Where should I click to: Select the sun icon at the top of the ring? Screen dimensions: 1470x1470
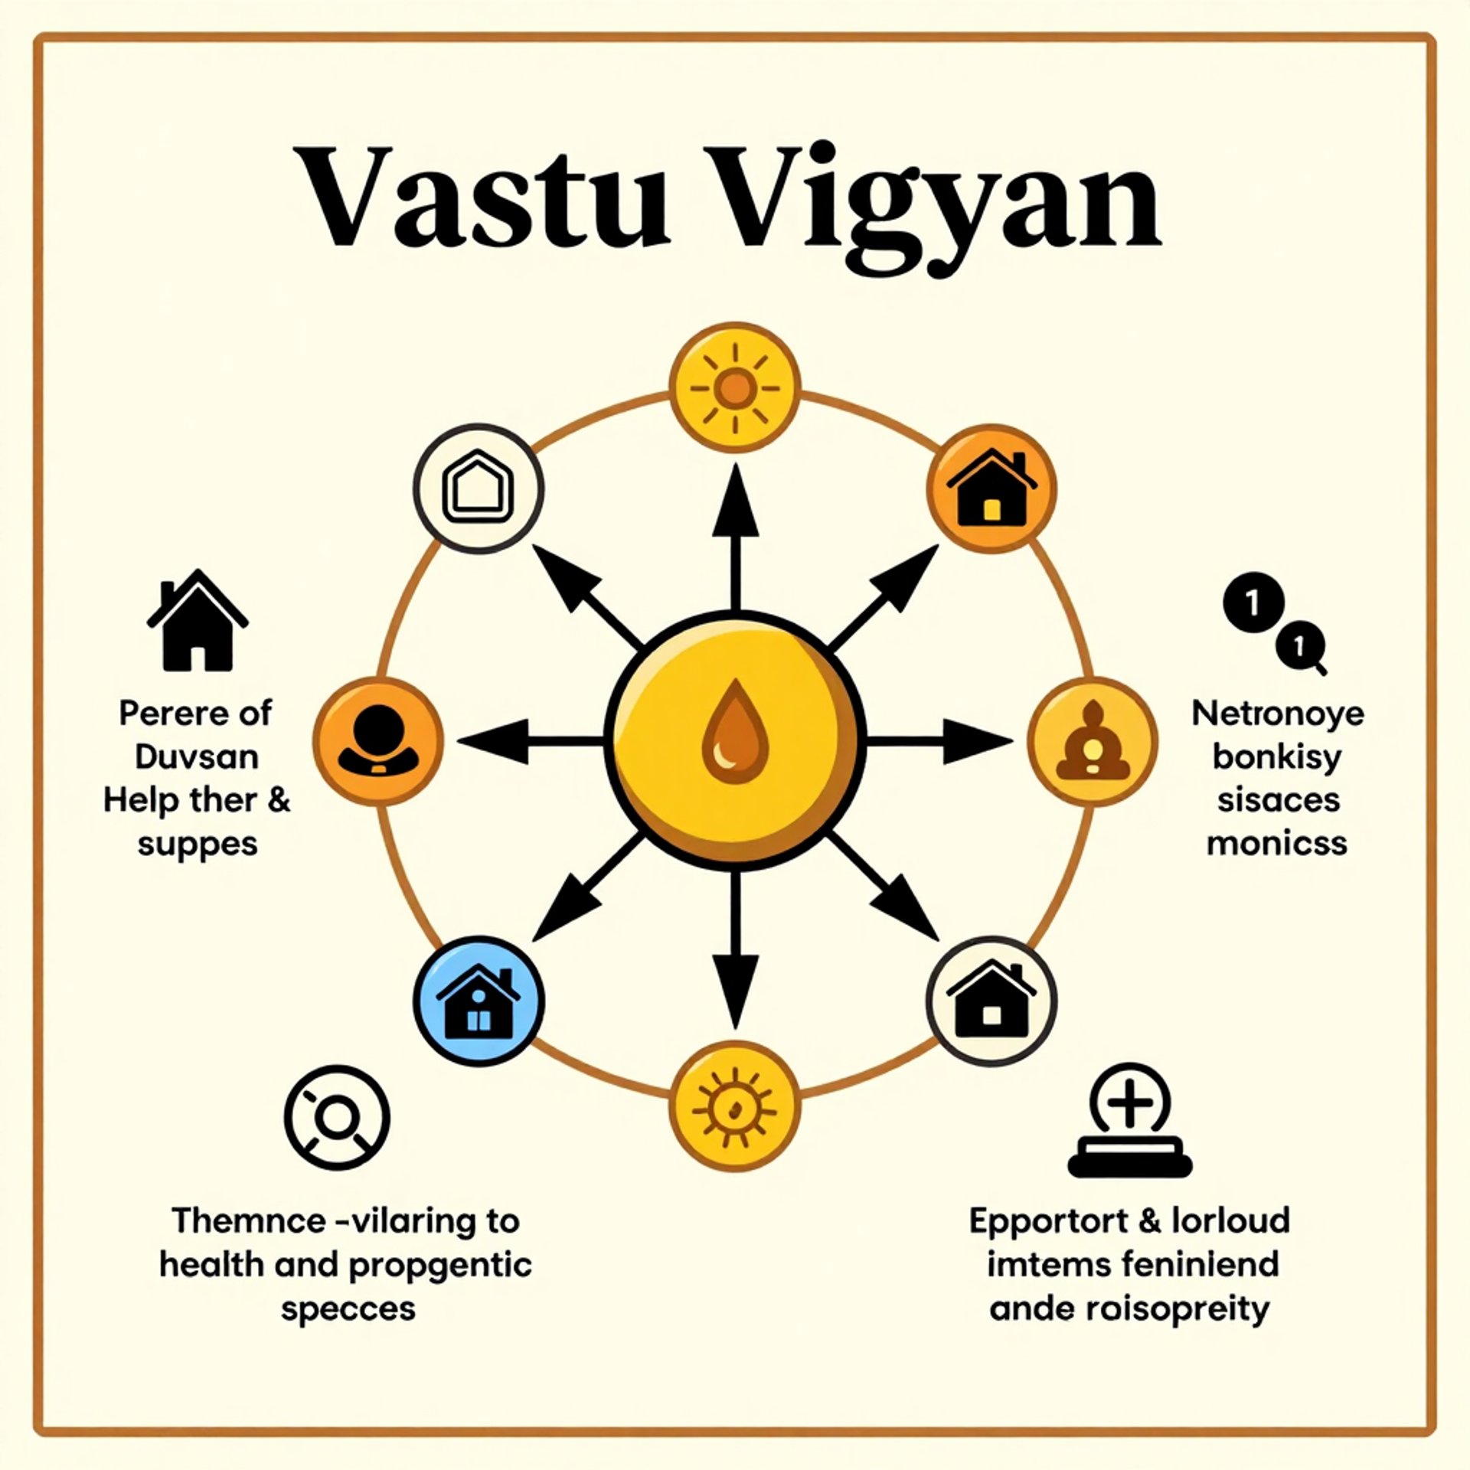pos(735,387)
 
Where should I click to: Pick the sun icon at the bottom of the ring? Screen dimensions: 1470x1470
pos(735,1107)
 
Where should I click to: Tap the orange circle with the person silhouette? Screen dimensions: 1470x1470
pos(379,741)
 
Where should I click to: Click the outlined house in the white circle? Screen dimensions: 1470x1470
pos(479,488)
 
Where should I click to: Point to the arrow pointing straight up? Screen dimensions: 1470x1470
pos(735,536)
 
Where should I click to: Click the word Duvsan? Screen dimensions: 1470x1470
pos(197,757)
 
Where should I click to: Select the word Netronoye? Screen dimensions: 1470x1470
pos(1277,714)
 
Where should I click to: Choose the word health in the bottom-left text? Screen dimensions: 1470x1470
pos(211,1264)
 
